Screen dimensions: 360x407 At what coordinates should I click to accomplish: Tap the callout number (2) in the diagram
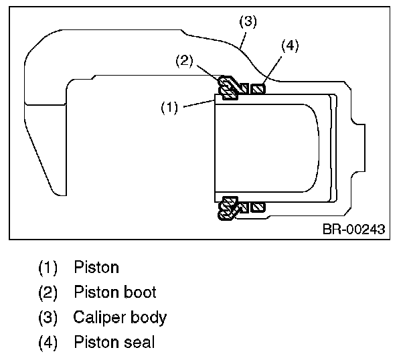185,61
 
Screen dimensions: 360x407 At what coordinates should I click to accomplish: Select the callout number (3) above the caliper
248,21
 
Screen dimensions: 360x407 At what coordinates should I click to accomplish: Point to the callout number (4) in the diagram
289,46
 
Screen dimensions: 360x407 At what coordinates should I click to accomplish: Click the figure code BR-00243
353,230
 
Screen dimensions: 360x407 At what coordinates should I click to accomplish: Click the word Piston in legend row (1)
96,268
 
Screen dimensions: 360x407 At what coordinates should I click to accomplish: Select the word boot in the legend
141,292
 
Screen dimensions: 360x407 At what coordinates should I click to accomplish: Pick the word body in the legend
150,318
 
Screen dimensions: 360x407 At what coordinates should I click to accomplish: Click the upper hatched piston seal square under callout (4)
260,88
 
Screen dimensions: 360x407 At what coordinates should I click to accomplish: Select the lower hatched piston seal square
260,207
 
